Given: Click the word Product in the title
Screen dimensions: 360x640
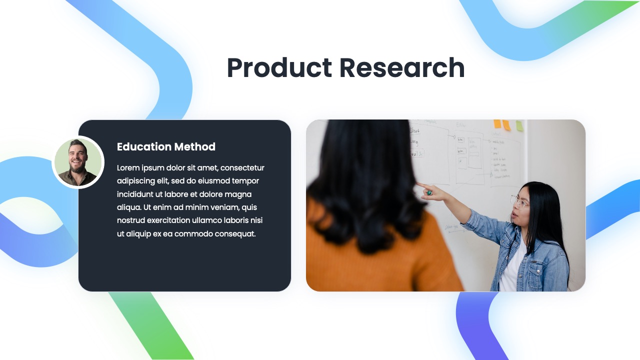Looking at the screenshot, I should (x=279, y=68).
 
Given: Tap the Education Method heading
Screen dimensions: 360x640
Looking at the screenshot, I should (x=166, y=146).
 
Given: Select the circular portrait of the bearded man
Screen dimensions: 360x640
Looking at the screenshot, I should (x=78, y=162).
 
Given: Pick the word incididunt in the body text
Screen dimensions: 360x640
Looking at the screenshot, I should (x=134, y=194).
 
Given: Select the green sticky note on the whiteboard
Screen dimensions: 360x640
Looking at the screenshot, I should (x=519, y=125).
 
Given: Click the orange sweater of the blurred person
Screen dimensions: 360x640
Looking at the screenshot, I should (x=380, y=265).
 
